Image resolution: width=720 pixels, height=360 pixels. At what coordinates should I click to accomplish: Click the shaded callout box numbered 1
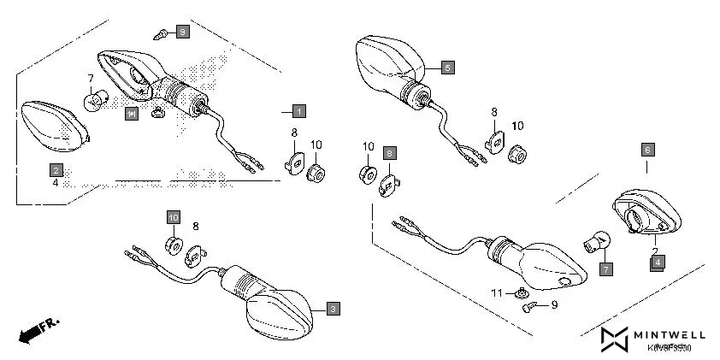(298, 111)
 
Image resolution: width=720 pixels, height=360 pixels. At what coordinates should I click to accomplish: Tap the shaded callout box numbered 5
(449, 66)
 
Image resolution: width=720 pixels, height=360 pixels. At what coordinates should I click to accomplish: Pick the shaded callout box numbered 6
(647, 149)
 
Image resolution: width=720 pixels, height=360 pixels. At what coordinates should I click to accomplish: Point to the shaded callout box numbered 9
(181, 32)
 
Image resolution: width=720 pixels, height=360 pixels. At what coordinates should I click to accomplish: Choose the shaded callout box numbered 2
(56, 168)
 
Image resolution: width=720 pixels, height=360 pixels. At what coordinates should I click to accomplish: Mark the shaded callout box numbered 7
(605, 269)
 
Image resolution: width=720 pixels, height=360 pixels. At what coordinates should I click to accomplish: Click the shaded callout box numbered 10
(174, 217)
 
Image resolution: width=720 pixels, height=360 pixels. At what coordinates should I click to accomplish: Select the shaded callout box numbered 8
(389, 153)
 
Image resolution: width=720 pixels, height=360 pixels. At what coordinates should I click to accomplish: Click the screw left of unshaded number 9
(530, 304)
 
